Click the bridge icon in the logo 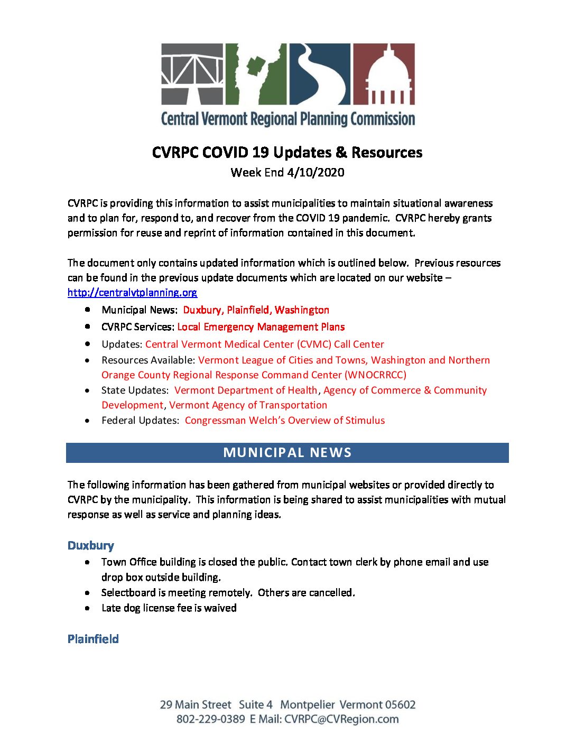point(192,73)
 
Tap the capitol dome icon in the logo point(384,73)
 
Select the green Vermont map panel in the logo point(256,73)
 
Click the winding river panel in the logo point(319,73)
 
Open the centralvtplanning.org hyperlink point(132,292)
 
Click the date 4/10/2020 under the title point(316,172)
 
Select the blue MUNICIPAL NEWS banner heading point(287,453)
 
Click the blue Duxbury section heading point(91,545)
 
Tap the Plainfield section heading point(93,639)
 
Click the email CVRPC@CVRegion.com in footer point(341,719)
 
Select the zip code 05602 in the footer point(400,705)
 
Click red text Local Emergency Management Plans point(261,327)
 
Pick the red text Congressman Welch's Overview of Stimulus point(285,421)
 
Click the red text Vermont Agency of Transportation point(248,405)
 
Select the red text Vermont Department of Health point(246,390)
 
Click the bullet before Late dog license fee point(87,608)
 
